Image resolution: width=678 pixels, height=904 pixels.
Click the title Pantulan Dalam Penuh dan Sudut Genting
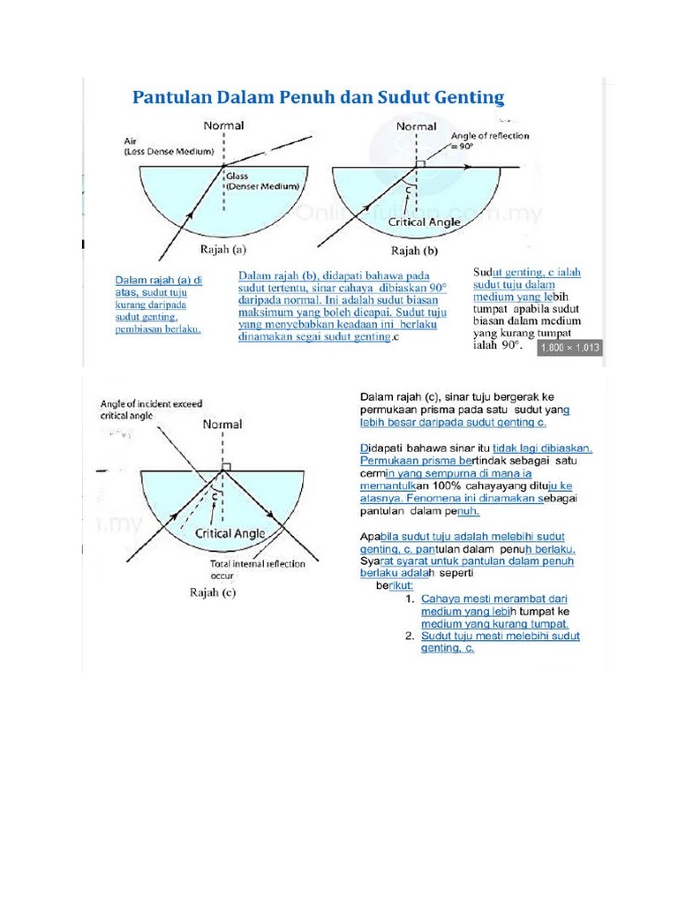point(318,96)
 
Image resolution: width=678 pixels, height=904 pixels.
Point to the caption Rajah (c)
point(213,592)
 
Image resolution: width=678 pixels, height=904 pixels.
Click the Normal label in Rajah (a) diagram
point(224,125)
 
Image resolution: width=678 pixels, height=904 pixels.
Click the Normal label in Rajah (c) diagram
point(222,425)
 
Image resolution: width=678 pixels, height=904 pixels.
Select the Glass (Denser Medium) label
point(263,181)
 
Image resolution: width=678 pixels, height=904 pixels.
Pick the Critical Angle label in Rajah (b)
point(425,222)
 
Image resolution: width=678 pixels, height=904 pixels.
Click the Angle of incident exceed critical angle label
point(152,409)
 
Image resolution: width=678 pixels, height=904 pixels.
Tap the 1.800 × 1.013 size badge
point(569,347)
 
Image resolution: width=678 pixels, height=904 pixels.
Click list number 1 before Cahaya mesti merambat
point(410,599)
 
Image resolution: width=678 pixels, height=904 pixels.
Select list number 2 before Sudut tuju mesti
point(410,636)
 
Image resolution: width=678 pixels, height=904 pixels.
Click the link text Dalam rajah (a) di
point(159,280)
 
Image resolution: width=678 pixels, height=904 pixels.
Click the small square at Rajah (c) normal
point(227,468)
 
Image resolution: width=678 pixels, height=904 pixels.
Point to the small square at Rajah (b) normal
point(420,164)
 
